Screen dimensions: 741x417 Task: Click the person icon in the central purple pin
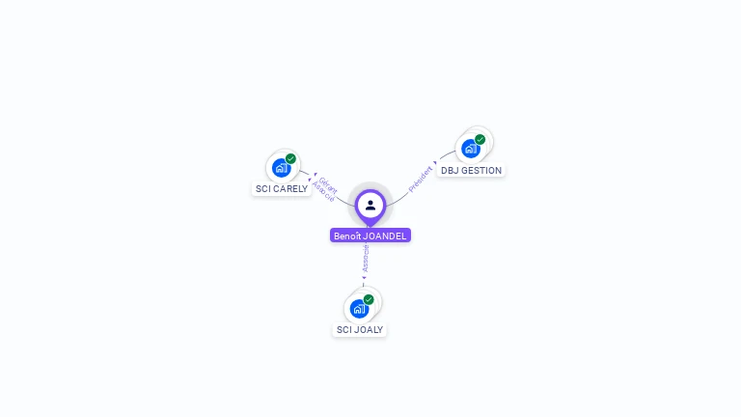370,205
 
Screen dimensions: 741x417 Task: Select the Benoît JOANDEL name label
370,236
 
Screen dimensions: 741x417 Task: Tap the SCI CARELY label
282,189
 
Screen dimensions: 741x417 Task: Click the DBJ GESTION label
471,171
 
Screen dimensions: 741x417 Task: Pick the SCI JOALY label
360,330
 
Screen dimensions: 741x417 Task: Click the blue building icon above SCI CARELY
281,168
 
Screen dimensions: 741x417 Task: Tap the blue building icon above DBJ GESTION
470,149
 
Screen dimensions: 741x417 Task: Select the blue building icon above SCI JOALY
359,309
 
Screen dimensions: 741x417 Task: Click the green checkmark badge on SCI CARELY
290,159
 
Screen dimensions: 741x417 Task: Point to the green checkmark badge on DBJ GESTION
480,139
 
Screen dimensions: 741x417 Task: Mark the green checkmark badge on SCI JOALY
369,299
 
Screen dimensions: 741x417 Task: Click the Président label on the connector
421,180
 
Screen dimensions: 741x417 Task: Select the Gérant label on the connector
328,183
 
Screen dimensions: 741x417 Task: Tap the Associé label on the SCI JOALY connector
366,258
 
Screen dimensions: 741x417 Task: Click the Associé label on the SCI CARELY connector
322,191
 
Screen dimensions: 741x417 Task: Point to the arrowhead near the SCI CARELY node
312,176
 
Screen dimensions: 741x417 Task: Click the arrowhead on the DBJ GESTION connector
436,163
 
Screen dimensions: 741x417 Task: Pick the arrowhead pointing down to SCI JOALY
364,278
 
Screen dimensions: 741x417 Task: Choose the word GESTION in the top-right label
483,171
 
